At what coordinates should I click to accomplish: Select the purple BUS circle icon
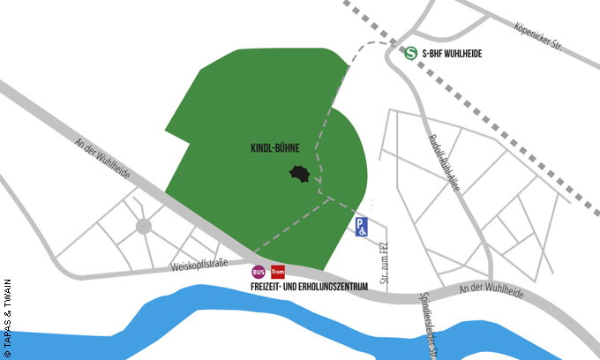coord(259,272)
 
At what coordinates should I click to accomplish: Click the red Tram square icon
coord(278,272)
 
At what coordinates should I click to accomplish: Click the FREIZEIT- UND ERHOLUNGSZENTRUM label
coord(309,287)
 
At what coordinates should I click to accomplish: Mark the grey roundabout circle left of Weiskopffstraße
coord(143,227)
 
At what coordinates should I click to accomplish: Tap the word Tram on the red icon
coord(278,272)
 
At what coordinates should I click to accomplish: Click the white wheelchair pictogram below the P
coord(362,231)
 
